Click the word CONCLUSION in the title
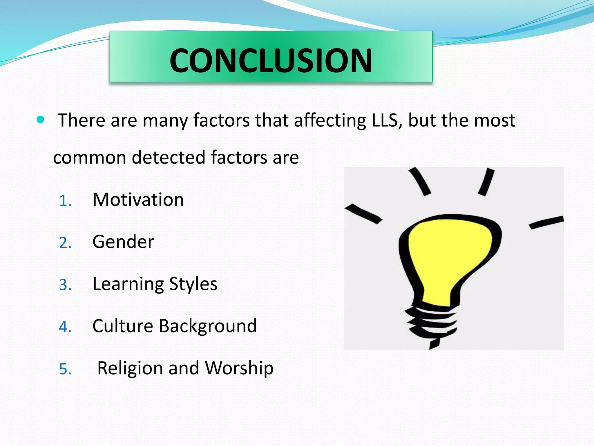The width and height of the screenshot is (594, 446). pyautogui.click(x=271, y=60)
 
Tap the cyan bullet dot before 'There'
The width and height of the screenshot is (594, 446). pyautogui.click(x=41, y=119)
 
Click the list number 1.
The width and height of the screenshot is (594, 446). pyautogui.click(x=65, y=201)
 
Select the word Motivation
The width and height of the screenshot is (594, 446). pyautogui.click(x=138, y=200)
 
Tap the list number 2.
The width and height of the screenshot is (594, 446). pyautogui.click(x=65, y=243)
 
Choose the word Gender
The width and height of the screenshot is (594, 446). pyautogui.click(x=123, y=242)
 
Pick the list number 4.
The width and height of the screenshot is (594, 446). pyautogui.click(x=65, y=327)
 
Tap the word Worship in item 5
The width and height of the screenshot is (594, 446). pyautogui.click(x=239, y=368)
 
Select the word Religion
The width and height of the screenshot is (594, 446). pyautogui.click(x=130, y=368)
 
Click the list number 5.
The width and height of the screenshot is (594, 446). pyautogui.click(x=65, y=369)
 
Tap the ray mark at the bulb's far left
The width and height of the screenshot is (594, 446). pyautogui.click(x=363, y=214)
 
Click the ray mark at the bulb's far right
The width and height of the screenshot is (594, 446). pyautogui.click(x=546, y=222)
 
